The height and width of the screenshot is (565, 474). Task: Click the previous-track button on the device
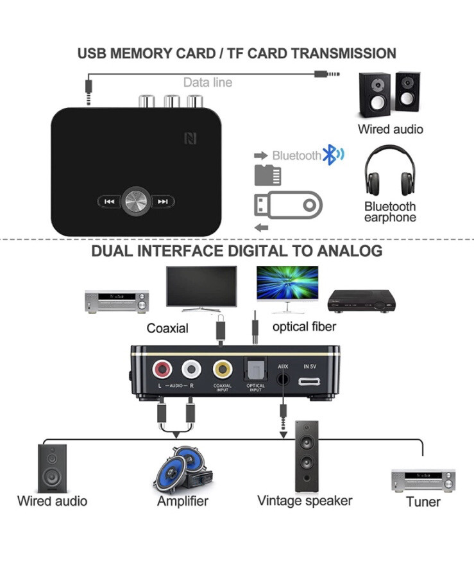tap(110, 202)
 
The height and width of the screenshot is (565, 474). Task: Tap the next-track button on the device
tap(163, 202)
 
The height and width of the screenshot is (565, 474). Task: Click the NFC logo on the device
tap(190, 139)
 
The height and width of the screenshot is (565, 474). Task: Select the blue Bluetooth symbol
tap(333, 155)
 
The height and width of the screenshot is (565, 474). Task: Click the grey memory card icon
tap(267, 175)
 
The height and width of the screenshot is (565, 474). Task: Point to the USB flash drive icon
tap(288, 205)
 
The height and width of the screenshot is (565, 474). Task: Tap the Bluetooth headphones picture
tap(390, 170)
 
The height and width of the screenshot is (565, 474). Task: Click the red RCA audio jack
tap(162, 369)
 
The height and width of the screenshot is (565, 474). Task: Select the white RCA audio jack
tap(191, 369)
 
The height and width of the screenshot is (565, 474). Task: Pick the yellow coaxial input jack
tap(223, 369)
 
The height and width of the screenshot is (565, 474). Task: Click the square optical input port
tap(255, 369)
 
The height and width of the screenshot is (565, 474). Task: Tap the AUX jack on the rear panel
tap(283, 379)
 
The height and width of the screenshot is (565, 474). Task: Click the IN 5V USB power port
tap(309, 381)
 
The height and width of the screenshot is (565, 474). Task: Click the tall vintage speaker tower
tap(307, 456)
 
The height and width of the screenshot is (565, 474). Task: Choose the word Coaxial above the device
tap(167, 328)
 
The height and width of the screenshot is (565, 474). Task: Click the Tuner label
tap(423, 501)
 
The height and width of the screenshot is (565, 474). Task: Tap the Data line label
tap(208, 83)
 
